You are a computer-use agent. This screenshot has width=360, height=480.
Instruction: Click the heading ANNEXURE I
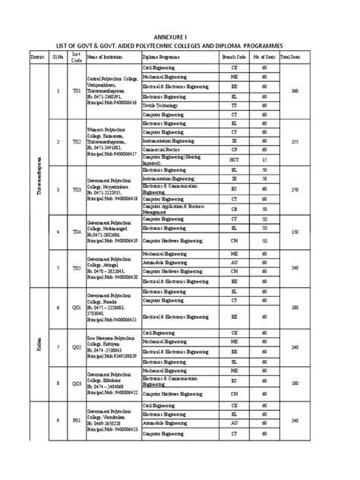click(x=180, y=35)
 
